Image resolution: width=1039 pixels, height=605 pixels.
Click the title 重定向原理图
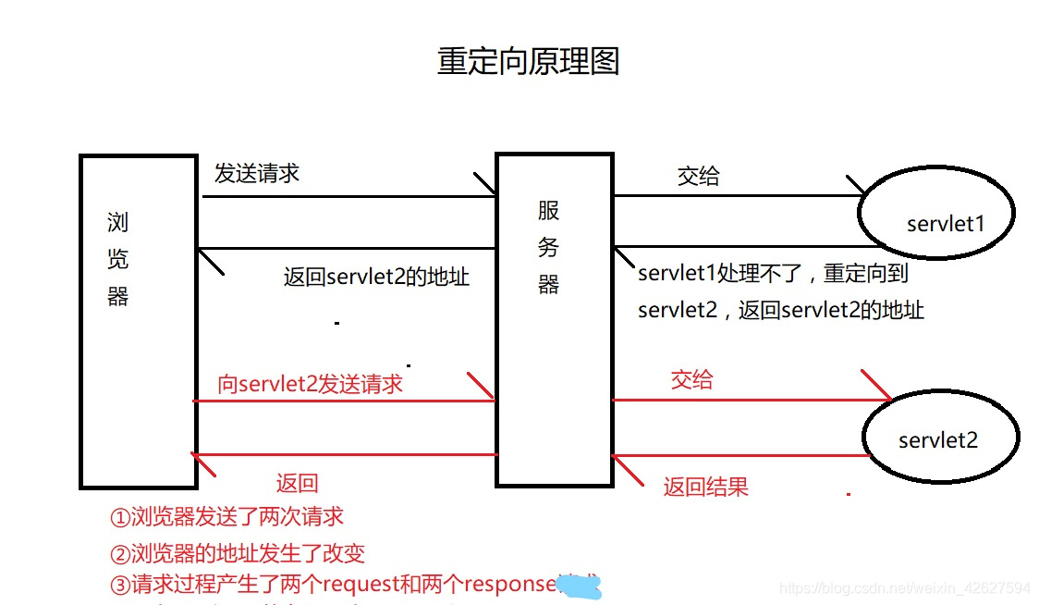[x=527, y=61]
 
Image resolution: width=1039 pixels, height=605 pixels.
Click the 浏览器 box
[x=138, y=320]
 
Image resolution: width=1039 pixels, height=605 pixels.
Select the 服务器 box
[x=554, y=320]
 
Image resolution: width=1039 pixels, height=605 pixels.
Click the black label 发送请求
[x=256, y=173]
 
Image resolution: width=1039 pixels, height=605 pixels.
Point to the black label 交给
[x=698, y=176]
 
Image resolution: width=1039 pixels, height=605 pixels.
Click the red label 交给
[x=691, y=379]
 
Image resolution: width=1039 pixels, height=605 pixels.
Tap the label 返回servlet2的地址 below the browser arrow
[x=376, y=277]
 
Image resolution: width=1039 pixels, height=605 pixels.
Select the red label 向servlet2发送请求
[x=311, y=384]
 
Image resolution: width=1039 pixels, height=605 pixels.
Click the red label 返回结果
[x=705, y=487]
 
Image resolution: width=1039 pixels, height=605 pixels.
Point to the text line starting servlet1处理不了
[x=774, y=274]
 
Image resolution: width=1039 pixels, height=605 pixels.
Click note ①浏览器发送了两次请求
[x=226, y=516]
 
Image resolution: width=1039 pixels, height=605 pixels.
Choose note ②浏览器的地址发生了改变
[x=237, y=553]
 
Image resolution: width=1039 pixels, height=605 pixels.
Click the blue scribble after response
[x=581, y=585]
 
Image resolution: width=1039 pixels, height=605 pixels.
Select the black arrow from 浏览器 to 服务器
[x=349, y=196]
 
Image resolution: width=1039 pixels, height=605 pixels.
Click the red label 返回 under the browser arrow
[x=297, y=482]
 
